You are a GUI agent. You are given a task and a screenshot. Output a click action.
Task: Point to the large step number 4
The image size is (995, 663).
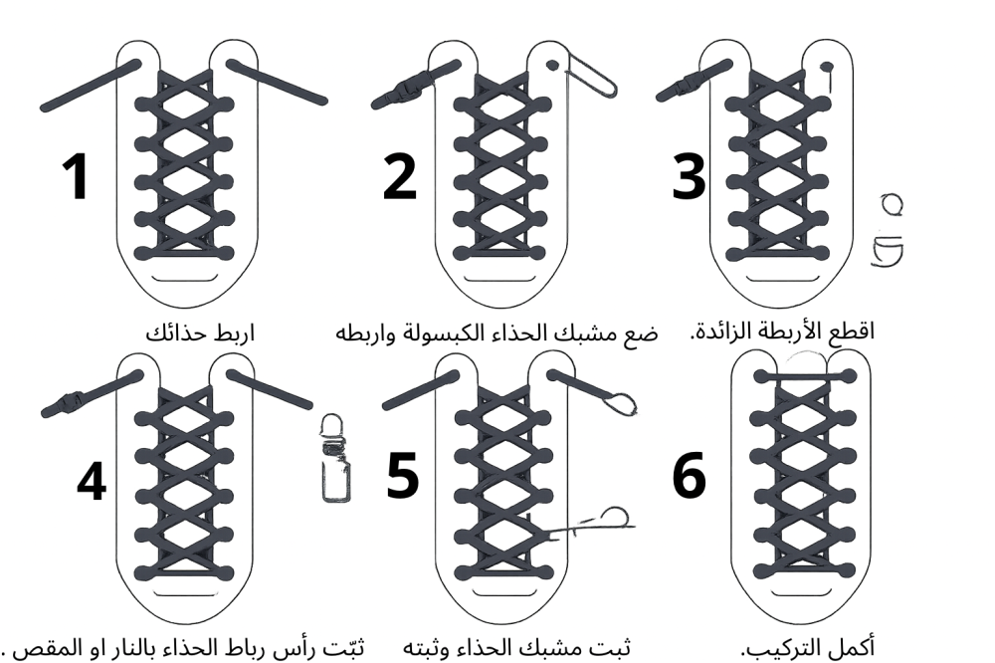coord(92,481)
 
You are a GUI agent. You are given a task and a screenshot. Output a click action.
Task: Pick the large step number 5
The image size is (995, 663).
coord(403,475)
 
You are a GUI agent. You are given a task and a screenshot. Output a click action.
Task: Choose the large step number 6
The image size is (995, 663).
coord(690,475)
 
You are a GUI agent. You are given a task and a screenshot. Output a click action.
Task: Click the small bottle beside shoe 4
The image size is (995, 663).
coord(334,459)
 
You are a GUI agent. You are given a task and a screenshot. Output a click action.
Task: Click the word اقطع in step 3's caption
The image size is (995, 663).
coord(854,331)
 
